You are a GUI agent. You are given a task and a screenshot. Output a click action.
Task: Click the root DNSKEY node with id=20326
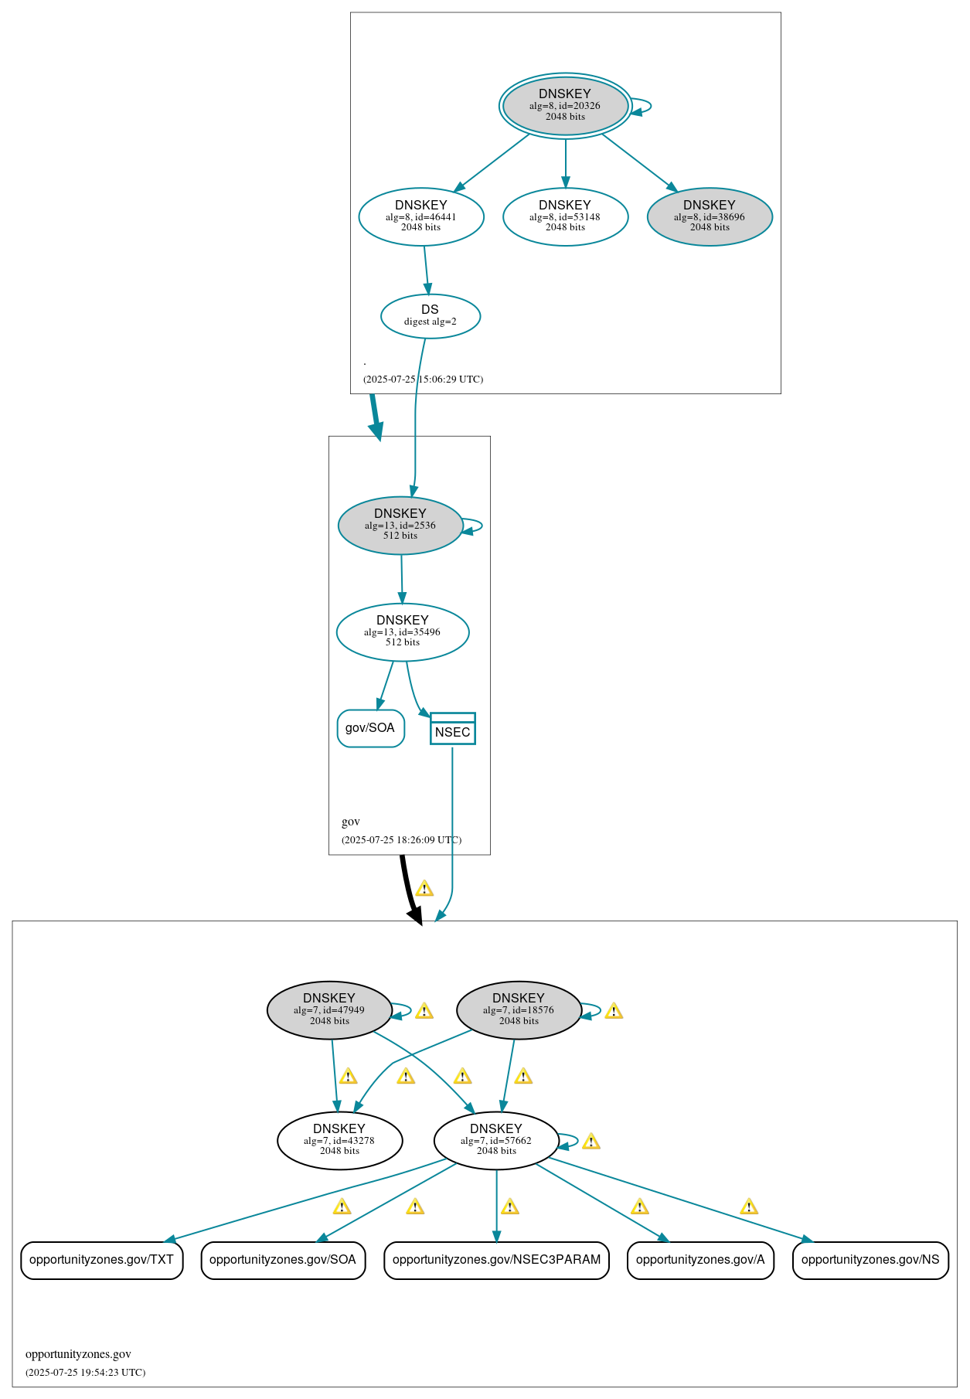[565, 106]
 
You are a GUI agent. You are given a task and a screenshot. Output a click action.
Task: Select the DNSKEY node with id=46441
[421, 216]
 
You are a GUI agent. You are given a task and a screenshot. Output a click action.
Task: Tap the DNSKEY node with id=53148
[565, 216]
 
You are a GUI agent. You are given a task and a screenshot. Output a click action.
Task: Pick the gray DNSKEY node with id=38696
[710, 216]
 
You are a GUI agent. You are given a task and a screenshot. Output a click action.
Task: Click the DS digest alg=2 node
[431, 315]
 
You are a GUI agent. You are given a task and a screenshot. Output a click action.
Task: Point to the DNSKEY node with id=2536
[400, 525]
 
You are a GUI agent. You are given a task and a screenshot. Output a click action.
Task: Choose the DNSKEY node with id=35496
[403, 631]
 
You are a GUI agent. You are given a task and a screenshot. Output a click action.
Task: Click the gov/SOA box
[370, 728]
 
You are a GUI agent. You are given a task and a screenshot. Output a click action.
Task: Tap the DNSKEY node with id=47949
[329, 1009]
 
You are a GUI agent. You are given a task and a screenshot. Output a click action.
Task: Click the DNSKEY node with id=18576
[519, 1009]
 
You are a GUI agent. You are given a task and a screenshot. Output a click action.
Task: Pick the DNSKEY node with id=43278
[339, 1140]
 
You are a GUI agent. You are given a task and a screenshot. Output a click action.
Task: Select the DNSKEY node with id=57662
[496, 1140]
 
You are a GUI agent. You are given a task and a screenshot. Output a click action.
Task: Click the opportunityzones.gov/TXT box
[101, 1260]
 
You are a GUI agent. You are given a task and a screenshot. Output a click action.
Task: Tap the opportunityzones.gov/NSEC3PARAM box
[496, 1260]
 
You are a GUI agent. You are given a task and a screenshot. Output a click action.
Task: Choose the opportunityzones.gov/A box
[700, 1260]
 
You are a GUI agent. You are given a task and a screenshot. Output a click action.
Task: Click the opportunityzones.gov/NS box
[870, 1260]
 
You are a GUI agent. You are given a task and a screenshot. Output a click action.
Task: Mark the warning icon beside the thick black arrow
[424, 889]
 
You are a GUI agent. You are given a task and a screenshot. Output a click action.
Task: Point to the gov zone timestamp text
[401, 839]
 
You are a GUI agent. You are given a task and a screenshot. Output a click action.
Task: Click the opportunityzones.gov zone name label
[78, 1354]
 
